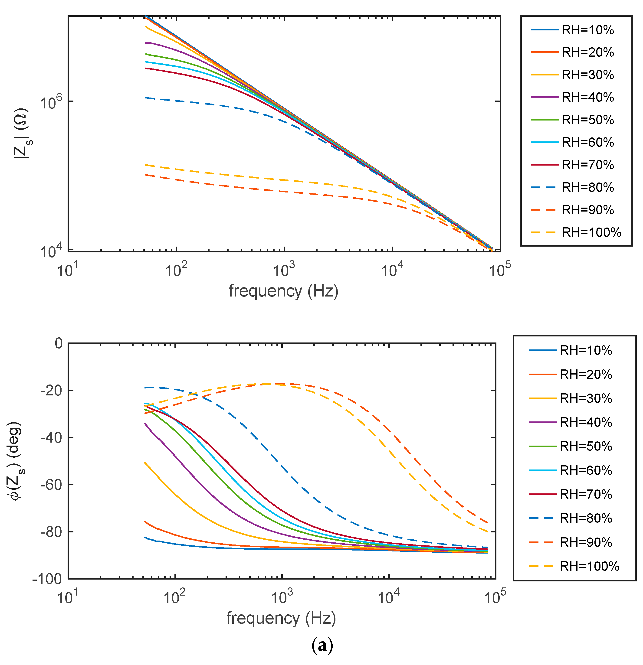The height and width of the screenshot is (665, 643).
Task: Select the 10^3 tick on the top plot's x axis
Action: (x=284, y=270)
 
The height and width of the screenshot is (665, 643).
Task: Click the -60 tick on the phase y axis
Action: (x=52, y=485)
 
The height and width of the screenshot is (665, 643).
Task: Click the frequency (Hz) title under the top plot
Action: (x=283, y=291)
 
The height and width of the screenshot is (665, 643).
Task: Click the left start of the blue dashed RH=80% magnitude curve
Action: (x=146, y=98)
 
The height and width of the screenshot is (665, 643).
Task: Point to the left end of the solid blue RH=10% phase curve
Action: (x=145, y=537)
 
